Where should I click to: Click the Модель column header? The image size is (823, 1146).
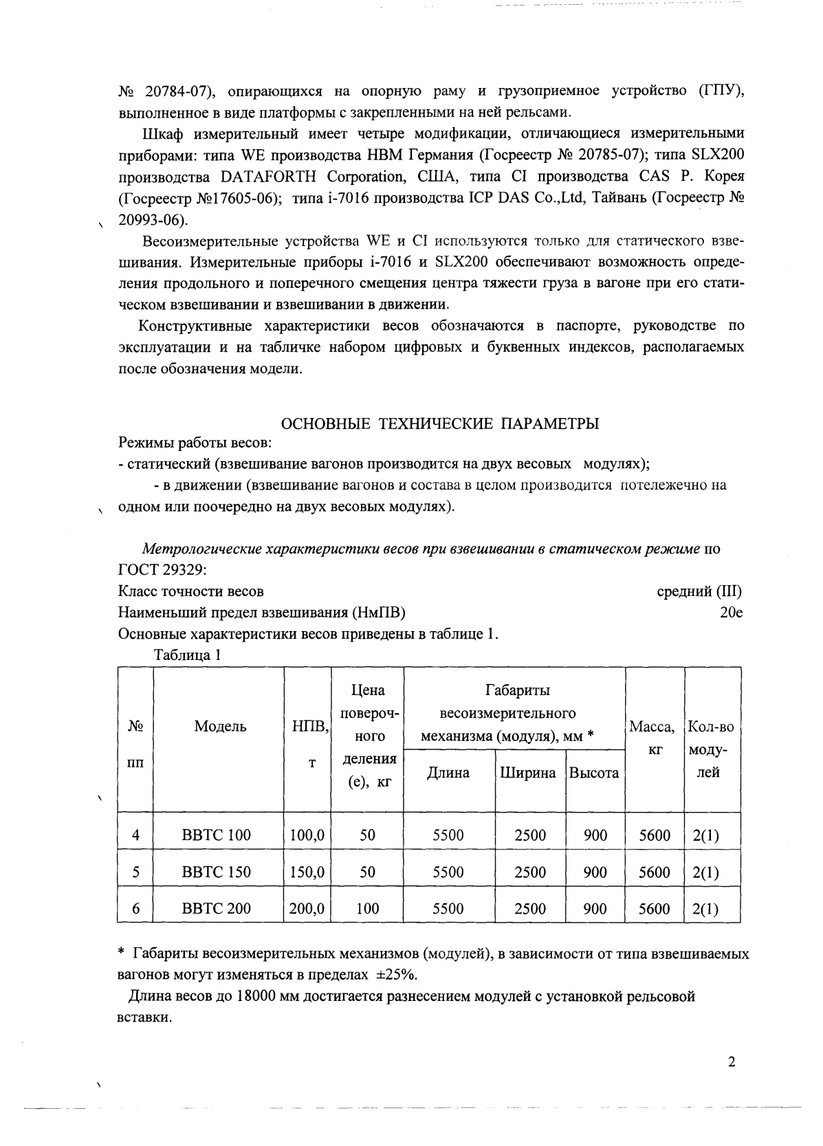[x=220, y=726]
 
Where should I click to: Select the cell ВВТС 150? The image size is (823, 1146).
[x=217, y=872]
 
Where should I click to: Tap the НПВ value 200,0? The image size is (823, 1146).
[x=307, y=908]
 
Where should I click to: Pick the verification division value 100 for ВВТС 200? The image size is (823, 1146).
[x=367, y=908]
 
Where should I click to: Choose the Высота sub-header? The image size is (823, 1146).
[x=594, y=773]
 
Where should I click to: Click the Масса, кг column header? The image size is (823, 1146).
[x=654, y=738]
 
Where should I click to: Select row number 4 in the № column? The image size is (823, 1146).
[x=136, y=835]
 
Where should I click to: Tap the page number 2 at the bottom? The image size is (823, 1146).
[x=732, y=1062]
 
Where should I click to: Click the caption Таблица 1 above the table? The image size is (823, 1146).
[x=187, y=654]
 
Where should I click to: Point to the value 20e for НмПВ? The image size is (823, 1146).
[x=731, y=612]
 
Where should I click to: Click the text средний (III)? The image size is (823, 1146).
[x=699, y=591]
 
